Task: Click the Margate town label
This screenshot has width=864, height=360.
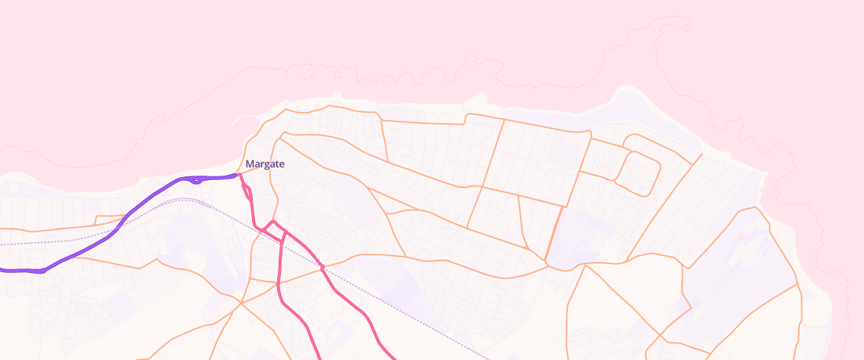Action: (x=265, y=164)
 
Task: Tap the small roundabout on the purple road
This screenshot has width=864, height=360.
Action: (x=197, y=180)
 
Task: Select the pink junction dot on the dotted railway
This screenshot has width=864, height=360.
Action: (x=323, y=267)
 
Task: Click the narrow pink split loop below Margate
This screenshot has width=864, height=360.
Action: (x=247, y=190)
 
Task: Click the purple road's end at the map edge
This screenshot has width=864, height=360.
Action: (x=2, y=270)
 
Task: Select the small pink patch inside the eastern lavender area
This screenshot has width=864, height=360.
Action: (x=741, y=236)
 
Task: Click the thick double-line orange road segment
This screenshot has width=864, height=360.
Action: (x=553, y=234)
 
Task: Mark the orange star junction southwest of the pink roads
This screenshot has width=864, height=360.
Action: (x=240, y=302)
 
